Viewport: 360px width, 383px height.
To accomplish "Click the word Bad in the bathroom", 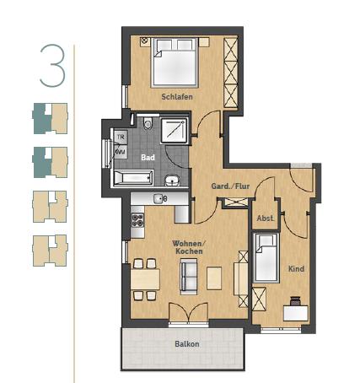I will [x=148, y=157].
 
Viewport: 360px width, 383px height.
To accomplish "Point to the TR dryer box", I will [x=121, y=137].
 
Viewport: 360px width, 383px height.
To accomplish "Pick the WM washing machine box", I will [x=121, y=151].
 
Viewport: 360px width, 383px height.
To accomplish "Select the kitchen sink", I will [x=158, y=198].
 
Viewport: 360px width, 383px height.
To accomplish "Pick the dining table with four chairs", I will [x=144, y=279].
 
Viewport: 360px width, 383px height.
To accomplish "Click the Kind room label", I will [x=295, y=269].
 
